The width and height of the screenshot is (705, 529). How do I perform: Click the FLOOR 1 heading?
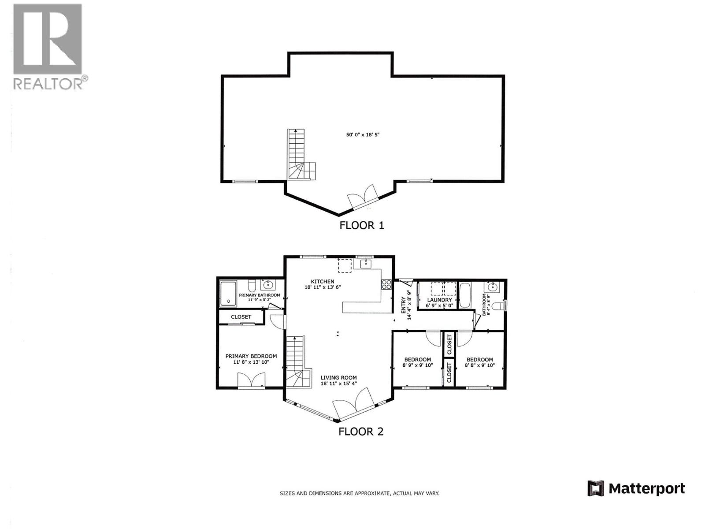pyautogui.click(x=361, y=225)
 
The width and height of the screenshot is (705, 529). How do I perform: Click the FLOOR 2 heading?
pyautogui.click(x=361, y=432)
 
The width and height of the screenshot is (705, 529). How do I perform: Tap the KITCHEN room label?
pyautogui.click(x=323, y=281)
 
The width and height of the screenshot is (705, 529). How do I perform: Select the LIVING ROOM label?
pyautogui.click(x=338, y=377)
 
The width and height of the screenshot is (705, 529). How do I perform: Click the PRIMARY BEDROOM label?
pyautogui.click(x=251, y=356)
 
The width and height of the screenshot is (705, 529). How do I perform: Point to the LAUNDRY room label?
pyautogui.click(x=439, y=300)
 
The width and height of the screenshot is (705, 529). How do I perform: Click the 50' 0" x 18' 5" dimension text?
pyautogui.click(x=363, y=134)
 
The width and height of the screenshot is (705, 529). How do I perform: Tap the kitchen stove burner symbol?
pyautogui.click(x=386, y=284)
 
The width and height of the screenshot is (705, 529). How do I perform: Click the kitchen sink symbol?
pyautogui.click(x=366, y=264)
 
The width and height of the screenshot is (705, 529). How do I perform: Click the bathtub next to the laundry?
pyautogui.click(x=465, y=295)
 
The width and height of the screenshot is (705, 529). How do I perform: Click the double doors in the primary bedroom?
pyautogui.click(x=251, y=380)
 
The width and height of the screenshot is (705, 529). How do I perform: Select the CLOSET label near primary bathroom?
pyautogui.click(x=241, y=317)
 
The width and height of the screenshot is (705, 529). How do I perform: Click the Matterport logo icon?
pyautogui.click(x=595, y=488)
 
